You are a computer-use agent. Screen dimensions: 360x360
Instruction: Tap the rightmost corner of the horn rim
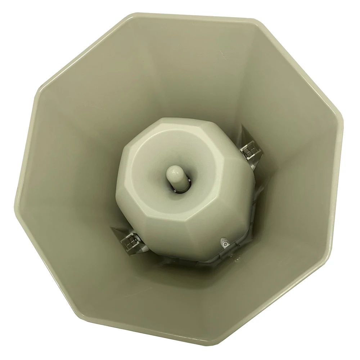pyautogui.click(x=343, y=124)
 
